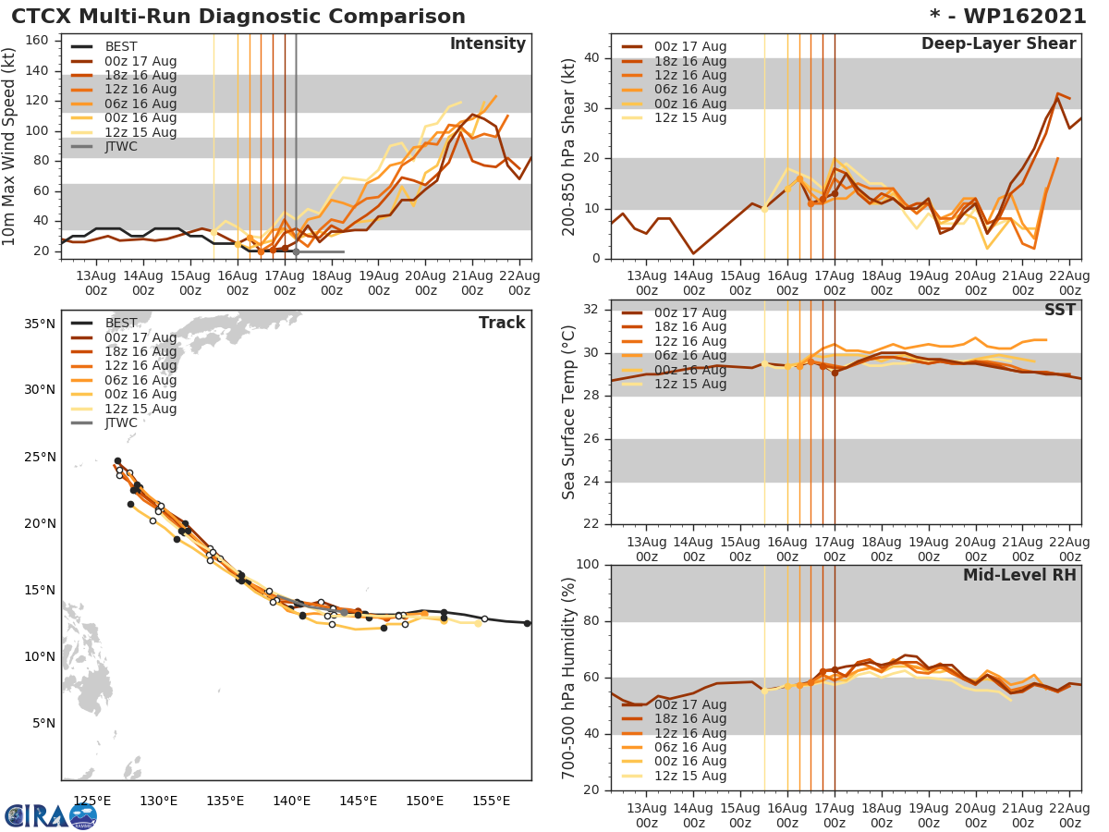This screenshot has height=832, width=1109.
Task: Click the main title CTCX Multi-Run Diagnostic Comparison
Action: [238, 17]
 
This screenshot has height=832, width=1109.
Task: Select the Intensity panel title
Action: [487, 44]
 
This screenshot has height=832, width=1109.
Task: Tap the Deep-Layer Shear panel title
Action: [998, 44]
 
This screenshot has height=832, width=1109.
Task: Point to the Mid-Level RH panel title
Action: [1019, 575]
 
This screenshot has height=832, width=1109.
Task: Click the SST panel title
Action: [1060, 310]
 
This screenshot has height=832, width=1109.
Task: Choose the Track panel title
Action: [502, 323]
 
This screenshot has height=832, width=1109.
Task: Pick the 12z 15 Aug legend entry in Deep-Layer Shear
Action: [689, 117]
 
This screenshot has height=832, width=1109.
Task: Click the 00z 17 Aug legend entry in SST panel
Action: [689, 312]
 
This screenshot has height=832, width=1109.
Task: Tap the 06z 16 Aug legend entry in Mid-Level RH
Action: [689, 747]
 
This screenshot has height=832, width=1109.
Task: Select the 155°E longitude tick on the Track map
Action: [491, 801]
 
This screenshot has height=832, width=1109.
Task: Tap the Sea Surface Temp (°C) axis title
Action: [570, 411]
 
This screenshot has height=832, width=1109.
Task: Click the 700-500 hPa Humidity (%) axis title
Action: [570, 677]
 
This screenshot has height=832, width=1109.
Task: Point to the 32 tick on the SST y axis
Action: [594, 310]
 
